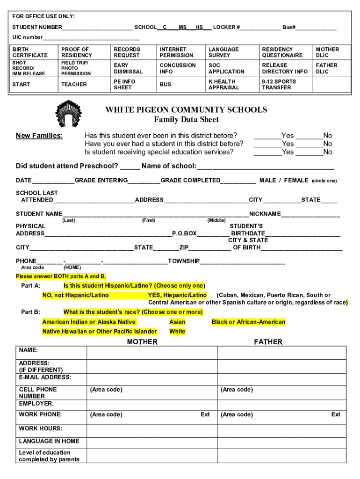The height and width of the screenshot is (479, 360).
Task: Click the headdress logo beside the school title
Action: coord(66,114)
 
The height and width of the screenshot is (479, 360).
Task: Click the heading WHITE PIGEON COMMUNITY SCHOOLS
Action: coord(186,110)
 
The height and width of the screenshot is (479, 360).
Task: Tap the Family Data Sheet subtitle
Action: coord(186,120)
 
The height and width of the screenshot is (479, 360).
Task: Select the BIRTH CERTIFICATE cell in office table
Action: coord(30,52)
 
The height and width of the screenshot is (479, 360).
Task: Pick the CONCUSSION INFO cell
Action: coord(178,68)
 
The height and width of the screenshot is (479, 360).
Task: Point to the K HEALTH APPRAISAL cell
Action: coord(223,84)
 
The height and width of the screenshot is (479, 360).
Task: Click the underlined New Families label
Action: coord(39,136)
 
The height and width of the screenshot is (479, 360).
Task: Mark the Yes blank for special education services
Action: coord(267,152)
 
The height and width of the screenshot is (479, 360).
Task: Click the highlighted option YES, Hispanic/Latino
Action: coord(177,295)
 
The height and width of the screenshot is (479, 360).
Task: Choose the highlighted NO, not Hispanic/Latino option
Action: coord(75,295)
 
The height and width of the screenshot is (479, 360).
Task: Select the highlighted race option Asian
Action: coord(177,322)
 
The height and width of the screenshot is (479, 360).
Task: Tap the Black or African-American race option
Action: coord(248,322)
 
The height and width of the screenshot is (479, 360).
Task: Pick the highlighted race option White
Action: coord(177,331)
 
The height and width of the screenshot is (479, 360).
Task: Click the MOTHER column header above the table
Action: coord(142,342)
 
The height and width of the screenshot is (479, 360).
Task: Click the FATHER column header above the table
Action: coord(268,342)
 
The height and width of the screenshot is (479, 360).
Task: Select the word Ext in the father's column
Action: coord(336,414)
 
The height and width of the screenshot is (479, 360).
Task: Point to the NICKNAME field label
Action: coord(265,214)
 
